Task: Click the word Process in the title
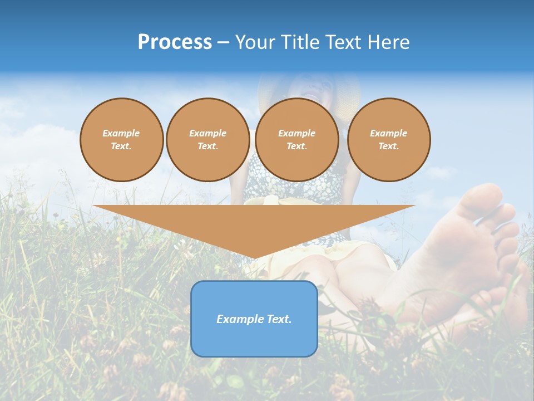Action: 175,42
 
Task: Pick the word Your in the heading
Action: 255,42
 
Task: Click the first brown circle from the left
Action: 121,140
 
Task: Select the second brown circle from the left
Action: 207,140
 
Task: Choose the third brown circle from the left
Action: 296,140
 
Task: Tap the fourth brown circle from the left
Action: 388,140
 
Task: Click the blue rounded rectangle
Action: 254,340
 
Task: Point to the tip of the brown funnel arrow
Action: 254,257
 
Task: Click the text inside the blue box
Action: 254,319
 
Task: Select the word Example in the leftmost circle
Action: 121,133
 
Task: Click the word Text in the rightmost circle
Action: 388,146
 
